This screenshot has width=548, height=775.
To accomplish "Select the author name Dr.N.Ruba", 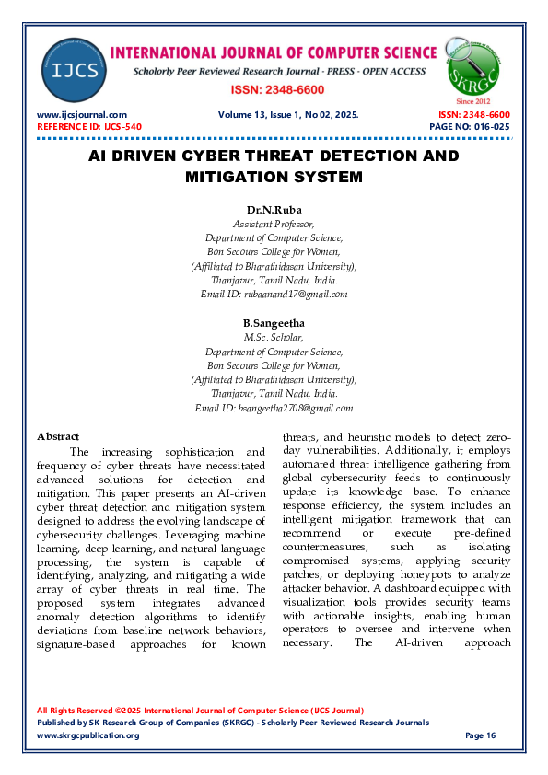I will pos(274,209).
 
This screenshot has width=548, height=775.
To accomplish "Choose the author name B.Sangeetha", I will pos(274,323).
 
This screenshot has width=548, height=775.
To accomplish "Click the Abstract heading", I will pos(57,436).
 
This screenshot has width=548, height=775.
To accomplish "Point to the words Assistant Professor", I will pos(274,224).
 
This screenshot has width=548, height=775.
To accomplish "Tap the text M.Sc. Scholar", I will pos(274,338).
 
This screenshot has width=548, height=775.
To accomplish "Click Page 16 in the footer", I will pos(481,735).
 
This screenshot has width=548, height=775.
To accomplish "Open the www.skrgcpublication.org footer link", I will pos(87,735).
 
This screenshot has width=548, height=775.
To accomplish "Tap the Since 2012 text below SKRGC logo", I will pos(473,100).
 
